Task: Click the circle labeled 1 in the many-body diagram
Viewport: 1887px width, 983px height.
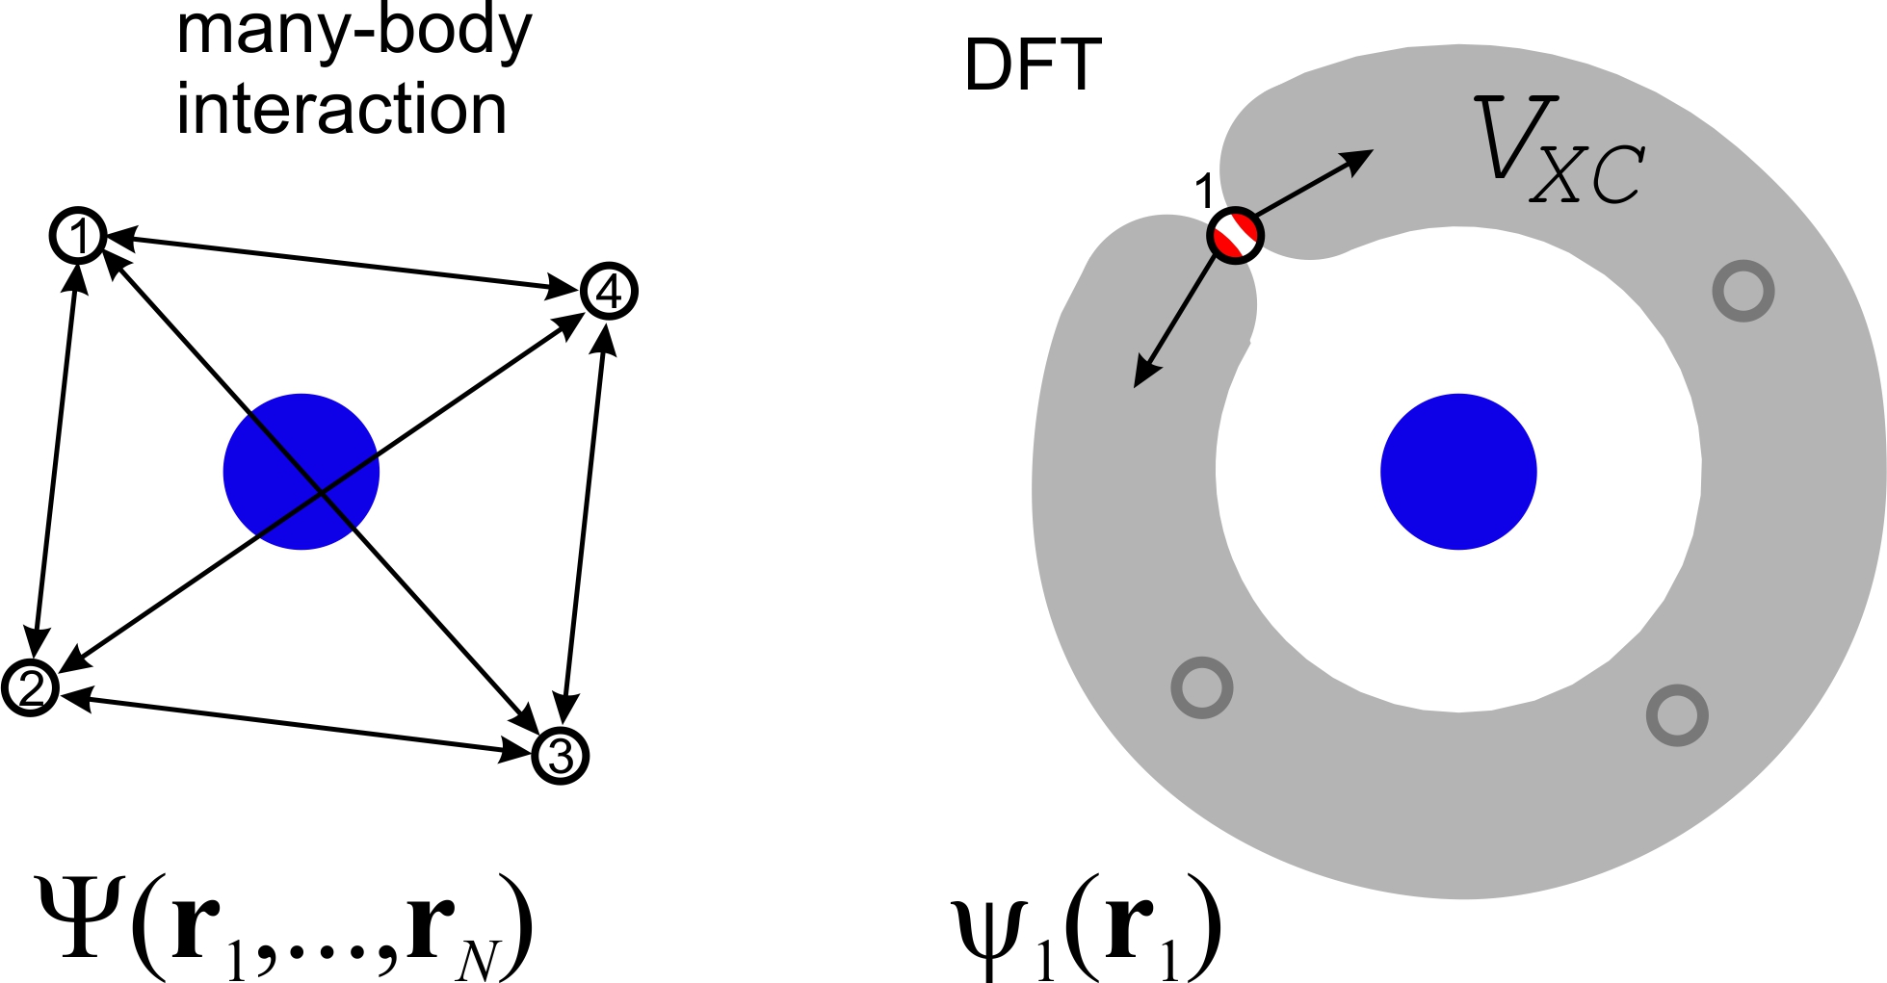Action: click(x=80, y=235)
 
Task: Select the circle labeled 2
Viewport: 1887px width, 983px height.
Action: click(x=31, y=687)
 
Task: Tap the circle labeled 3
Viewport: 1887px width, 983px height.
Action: click(x=561, y=756)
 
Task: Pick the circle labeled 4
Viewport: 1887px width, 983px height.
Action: click(x=609, y=291)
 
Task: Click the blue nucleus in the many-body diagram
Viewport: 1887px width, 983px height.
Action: click(x=301, y=472)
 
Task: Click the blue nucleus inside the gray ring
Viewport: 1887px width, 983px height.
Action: click(x=1458, y=472)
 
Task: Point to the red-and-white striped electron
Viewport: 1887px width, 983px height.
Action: click(x=1235, y=235)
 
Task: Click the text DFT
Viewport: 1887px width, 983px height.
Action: click(x=1033, y=65)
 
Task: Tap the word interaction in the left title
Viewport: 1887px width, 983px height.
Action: click(x=341, y=109)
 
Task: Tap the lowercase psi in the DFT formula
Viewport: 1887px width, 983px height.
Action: click(x=994, y=929)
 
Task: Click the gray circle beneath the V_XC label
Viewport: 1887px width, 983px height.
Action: click(x=1743, y=291)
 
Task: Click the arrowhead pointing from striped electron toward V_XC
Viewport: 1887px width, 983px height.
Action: click(x=1360, y=159)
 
